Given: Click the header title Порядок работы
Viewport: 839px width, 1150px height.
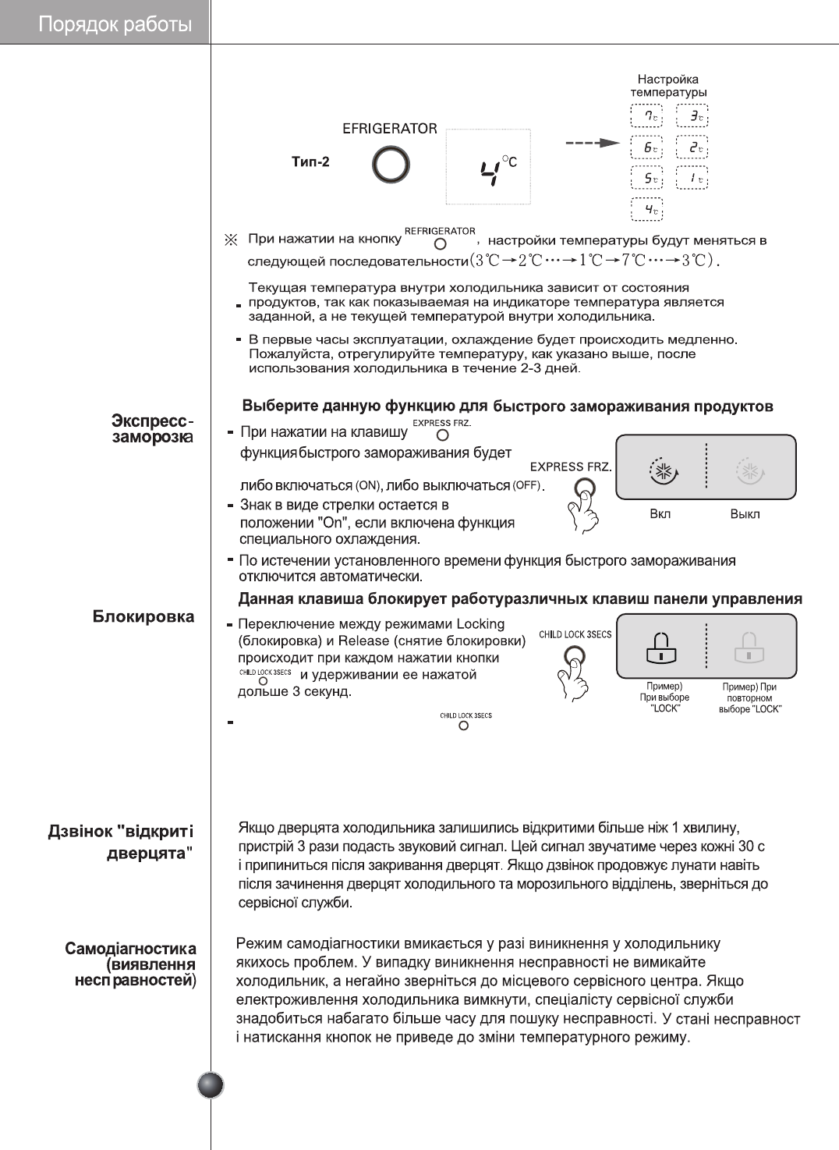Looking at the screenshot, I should [x=115, y=24].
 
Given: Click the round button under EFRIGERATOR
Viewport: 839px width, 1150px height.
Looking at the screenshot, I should [x=391, y=165].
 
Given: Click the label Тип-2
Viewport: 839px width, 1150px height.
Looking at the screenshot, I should [x=310, y=161].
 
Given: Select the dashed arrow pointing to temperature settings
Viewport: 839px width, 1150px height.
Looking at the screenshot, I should [x=592, y=143].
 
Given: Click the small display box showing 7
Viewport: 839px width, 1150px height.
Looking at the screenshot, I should [x=646, y=116].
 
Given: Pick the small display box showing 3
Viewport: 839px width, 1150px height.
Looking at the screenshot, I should [x=692, y=116].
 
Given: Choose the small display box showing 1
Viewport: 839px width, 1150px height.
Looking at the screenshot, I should [x=692, y=178].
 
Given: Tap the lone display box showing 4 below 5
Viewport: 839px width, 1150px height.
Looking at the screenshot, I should [x=646, y=209].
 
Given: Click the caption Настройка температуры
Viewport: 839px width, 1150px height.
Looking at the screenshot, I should [x=668, y=86].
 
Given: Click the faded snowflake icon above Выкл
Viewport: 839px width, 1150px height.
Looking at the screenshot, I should [x=749, y=471].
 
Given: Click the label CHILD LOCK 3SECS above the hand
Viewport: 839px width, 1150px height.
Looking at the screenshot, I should [x=575, y=634].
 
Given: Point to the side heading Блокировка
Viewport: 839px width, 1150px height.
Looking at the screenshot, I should [x=143, y=616].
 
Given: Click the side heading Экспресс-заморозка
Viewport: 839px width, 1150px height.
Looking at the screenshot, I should [x=152, y=429].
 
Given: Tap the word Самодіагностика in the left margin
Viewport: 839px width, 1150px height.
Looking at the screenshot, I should [x=130, y=949].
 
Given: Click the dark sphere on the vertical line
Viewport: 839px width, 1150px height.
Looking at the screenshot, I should [x=211, y=1085].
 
